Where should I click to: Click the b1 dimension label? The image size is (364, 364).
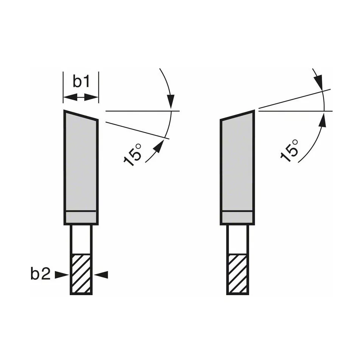(x=81, y=81)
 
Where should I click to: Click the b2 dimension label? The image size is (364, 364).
(x=40, y=274)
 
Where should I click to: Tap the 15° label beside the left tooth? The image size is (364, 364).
(x=132, y=155)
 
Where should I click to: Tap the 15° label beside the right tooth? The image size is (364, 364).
(x=289, y=151)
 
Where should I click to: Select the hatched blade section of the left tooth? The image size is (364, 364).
(x=81, y=274)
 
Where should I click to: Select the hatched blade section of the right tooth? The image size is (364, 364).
(x=238, y=274)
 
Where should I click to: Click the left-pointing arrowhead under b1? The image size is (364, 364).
(x=70, y=98)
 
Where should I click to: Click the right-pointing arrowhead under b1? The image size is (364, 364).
(x=92, y=98)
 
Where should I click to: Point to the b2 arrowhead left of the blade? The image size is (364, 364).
(x=62, y=275)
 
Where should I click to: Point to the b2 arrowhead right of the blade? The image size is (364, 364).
(x=101, y=275)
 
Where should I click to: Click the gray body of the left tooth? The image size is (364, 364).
(x=81, y=162)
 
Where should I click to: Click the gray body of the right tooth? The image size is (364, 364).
(x=238, y=162)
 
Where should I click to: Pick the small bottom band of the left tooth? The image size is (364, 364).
(x=81, y=218)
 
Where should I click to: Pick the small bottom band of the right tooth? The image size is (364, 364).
(x=238, y=218)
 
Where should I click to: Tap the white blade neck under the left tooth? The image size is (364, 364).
(x=81, y=240)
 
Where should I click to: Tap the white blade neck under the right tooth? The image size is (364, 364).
(x=238, y=240)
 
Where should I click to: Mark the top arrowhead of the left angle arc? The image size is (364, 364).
(x=171, y=102)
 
